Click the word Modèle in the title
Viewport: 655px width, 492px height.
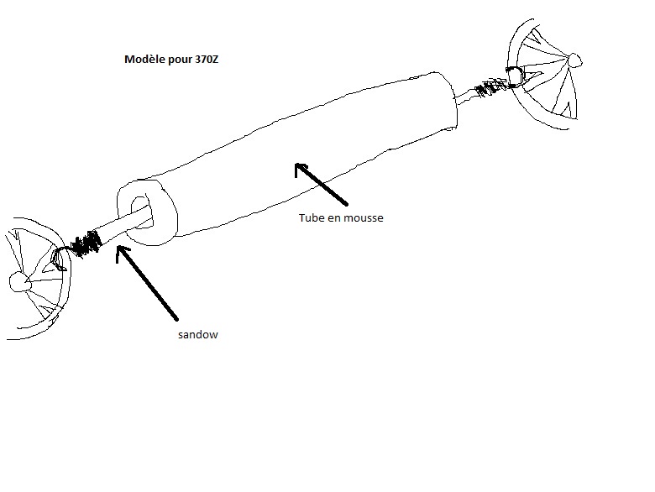tap(144, 60)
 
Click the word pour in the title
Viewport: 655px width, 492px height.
tap(179, 60)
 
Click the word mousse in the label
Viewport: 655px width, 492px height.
tap(362, 217)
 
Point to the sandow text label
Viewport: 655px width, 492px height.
tap(199, 334)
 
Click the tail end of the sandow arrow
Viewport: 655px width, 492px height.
tap(177, 319)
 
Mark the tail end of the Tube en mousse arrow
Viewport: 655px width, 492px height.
tap(345, 204)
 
